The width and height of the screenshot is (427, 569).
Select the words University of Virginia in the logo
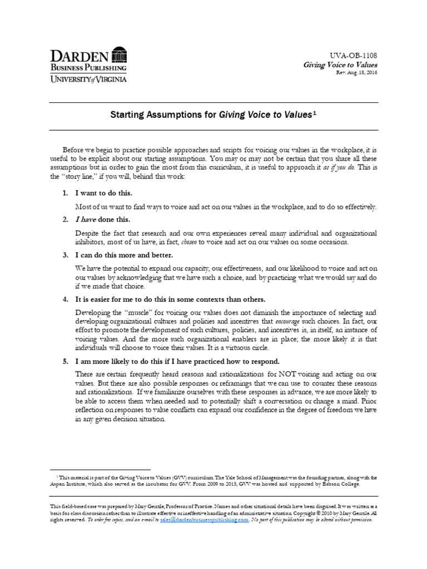88,79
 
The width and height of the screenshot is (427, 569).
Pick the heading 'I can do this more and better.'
124,254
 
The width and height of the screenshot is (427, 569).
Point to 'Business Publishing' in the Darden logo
88,68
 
